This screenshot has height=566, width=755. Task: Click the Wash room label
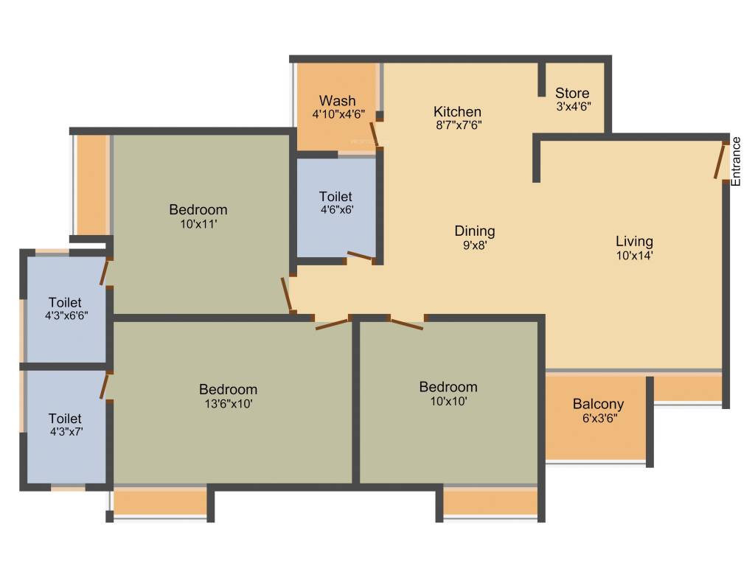(x=337, y=100)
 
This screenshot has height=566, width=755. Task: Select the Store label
(x=572, y=93)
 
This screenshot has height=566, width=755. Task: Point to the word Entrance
(x=735, y=161)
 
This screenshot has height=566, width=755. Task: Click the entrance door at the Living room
(x=720, y=160)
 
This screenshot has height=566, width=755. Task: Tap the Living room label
(x=634, y=241)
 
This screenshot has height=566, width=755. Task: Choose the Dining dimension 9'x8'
(x=474, y=245)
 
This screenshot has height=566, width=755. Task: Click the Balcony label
(x=598, y=404)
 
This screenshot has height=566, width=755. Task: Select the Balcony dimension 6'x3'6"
(x=598, y=418)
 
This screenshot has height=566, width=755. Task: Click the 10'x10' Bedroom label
(x=448, y=387)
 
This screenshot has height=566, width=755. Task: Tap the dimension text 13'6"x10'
(x=228, y=404)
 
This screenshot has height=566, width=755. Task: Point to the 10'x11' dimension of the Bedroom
(x=198, y=224)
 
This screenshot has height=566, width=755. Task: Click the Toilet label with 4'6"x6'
(x=335, y=197)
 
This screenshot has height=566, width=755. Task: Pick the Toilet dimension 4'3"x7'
(x=65, y=433)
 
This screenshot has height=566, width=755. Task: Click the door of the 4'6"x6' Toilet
(x=361, y=256)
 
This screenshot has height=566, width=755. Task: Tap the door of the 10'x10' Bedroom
(x=406, y=323)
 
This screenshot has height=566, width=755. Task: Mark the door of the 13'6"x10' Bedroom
(x=332, y=323)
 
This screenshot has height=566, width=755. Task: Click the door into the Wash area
(x=375, y=134)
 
